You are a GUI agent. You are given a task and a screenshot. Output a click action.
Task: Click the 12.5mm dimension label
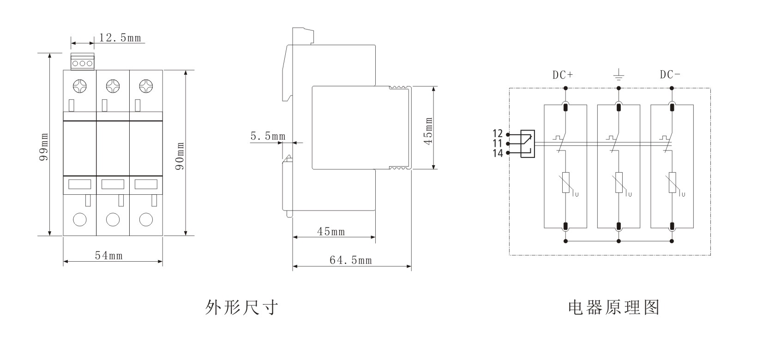pyautogui.click(x=120, y=38)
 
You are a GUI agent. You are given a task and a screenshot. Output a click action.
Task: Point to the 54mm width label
pyautogui.click(x=109, y=255)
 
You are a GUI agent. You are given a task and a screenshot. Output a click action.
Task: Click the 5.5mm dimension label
pyautogui.click(x=268, y=136)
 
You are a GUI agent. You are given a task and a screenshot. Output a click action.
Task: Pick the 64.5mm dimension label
pyautogui.click(x=350, y=260)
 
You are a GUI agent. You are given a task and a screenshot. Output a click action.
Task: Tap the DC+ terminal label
pyautogui.click(x=563, y=75)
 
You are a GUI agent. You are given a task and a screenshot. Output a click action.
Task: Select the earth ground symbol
pyautogui.click(x=619, y=74)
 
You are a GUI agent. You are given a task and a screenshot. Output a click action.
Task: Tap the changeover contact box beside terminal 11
pyautogui.click(x=528, y=144)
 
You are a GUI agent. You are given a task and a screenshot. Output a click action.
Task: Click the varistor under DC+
pyautogui.click(x=565, y=183)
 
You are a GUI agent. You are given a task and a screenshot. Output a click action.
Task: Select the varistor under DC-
pyautogui.click(x=672, y=183)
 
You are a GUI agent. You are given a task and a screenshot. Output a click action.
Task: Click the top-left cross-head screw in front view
pyautogui.click(x=79, y=86)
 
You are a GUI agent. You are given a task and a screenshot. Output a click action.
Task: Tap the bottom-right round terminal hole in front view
pyautogui.click(x=146, y=219)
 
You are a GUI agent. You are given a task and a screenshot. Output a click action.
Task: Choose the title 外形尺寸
pyautogui.click(x=241, y=307)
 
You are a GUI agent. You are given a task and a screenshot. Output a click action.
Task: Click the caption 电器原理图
pyautogui.click(x=613, y=307)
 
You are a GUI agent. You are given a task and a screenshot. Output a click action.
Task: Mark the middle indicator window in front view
pyautogui.click(x=113, y=184)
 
